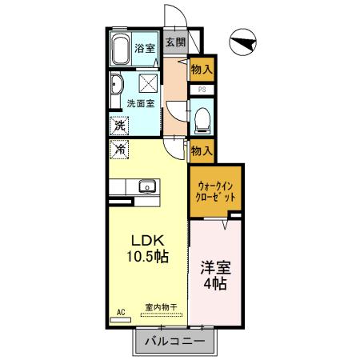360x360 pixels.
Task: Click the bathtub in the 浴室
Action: pyautogui.click(x=122, y=50)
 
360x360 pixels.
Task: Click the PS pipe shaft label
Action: pyautogui.click(x=202, y=90)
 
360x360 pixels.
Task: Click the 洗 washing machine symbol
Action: pyautogui.click(x=118, y=126)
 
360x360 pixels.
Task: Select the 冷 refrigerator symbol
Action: pyautogui.click(x=119, y=149)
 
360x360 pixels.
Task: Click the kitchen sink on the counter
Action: pyautogui.click(x=146, y=187)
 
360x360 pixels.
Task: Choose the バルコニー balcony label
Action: pyautogui.click(x=174, y=342)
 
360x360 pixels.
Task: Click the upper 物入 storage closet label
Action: pyautogui.click(x=201, y=71)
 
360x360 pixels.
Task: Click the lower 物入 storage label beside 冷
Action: pyautogui.click(x=201, y=149)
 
